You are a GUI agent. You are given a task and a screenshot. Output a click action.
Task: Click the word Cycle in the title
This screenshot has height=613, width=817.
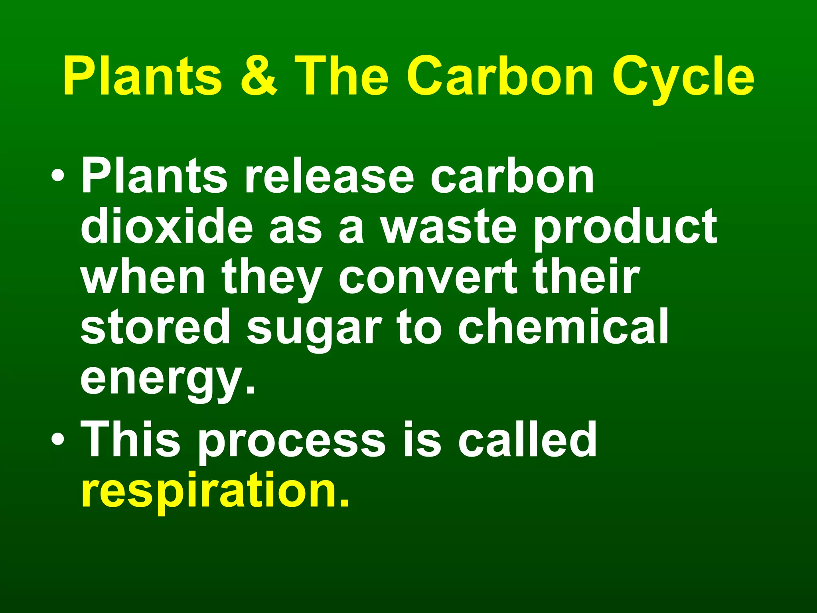tap(683, 78)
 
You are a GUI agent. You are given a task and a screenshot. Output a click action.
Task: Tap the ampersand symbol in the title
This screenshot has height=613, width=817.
tap(259, 76)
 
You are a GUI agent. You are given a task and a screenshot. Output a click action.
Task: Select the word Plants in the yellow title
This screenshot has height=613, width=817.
tap(142, 76)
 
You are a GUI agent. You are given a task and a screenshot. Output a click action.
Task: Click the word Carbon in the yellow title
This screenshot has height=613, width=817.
tap(500, 76)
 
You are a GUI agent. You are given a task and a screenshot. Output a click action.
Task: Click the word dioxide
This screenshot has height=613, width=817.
tap(167, 227)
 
